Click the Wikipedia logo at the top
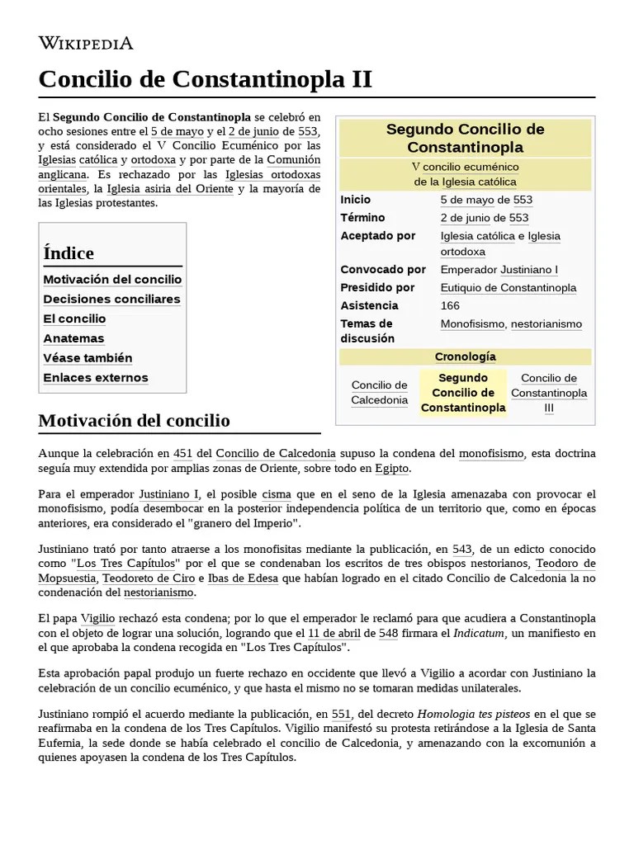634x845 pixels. tap(86, 43)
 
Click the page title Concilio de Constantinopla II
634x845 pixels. tap(206, 80)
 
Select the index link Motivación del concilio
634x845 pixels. tap(112, 280)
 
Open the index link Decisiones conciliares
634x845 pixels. tap(111, 300)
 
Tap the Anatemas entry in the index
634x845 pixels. tap(73, 338)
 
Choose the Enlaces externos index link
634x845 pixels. tap(96, 378)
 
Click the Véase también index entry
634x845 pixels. tap(88, 358)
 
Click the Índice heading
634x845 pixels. tap(69, 253)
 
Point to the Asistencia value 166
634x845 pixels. tap(450, 306)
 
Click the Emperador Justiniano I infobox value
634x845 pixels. tap(499, 270)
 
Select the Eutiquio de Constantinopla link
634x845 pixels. tap(509, 288)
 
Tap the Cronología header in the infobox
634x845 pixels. tap(465, 356)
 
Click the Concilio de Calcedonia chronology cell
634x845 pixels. tap(380, 393)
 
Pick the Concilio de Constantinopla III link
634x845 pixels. tap(549, 393)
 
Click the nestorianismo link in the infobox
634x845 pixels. tap(546, 324)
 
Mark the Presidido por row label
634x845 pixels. tap(377, 288)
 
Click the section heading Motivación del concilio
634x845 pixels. tap(134, 421)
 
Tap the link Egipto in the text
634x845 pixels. tap(391, 468)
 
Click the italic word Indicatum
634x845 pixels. tap(483, 633)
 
